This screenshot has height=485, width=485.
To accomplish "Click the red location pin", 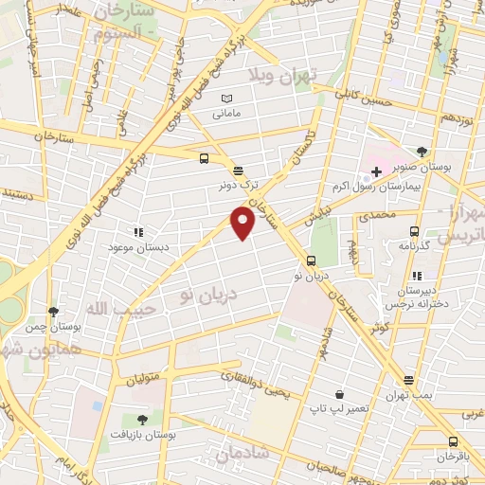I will pos(242,222).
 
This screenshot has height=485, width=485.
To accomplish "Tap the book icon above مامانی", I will pos(225,98).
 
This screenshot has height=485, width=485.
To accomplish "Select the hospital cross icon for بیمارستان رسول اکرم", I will pos(376,171).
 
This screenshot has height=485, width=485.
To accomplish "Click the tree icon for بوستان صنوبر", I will pos(422,152).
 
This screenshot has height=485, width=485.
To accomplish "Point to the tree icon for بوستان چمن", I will pos(53,311).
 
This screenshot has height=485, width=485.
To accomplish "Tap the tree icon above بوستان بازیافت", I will pos(142,419).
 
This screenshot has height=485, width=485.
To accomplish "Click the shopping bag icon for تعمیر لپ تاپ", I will pos(339,393).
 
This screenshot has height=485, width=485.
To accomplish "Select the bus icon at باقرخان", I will pos(453,440).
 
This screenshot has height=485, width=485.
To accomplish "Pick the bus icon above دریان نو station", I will pos(311,260).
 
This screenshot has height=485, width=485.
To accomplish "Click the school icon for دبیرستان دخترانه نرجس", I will pos(417,276).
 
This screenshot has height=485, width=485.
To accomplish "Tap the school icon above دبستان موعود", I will pos(138,231).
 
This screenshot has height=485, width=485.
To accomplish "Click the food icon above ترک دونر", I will pos(237,171).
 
